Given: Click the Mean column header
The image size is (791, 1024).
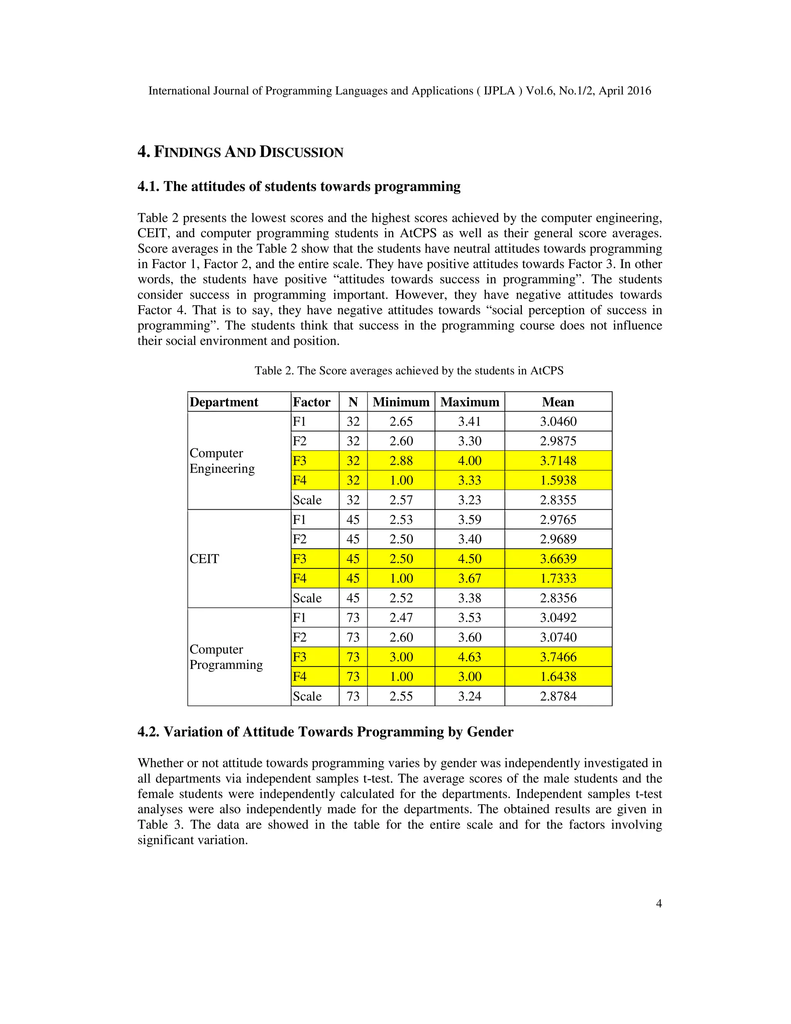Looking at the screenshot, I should point(558,402).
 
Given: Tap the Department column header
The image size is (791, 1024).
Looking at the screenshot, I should point(224,402).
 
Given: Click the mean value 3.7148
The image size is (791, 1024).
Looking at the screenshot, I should point(558,461).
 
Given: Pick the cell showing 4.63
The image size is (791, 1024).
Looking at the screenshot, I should point(470,657).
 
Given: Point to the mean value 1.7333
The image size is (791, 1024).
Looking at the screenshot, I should point(558,578).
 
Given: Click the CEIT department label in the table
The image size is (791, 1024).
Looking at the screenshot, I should point(204,559).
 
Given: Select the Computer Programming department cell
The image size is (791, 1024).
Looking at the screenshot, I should point(226,657).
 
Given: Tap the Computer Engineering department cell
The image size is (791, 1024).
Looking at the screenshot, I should point(222,461).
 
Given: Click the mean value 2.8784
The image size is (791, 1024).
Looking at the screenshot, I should point(558,696).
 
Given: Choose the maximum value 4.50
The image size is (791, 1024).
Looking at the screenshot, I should point(470,559).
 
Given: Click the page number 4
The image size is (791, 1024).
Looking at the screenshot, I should point(659,903).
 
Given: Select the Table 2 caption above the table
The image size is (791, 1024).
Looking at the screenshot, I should point(409,371).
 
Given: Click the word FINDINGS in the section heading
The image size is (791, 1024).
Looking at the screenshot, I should point(187,152).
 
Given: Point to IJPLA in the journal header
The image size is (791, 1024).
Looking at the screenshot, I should point(499,91).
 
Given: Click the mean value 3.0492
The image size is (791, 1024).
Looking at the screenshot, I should point(558,617).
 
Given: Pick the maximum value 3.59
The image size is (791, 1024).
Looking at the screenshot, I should point(470,519).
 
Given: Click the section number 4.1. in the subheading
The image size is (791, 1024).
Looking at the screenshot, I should point(149,187).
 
